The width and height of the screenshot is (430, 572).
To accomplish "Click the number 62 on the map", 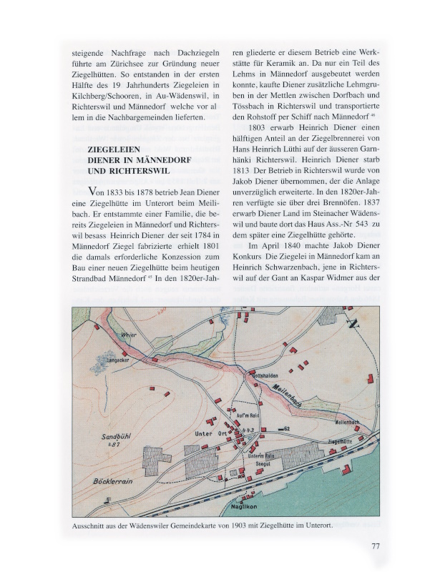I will tap(285, 428).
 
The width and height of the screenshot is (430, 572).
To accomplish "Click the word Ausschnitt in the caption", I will tap(92, 526).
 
